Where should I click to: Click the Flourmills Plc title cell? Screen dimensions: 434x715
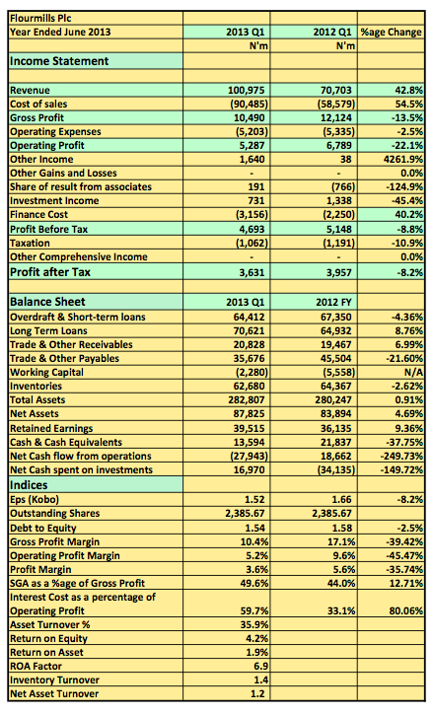40,18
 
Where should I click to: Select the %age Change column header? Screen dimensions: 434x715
392,32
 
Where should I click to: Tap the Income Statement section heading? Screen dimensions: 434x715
59,61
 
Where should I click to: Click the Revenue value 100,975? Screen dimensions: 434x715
247,91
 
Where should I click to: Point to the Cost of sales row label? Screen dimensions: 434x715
38,104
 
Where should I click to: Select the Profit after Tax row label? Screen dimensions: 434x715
50,272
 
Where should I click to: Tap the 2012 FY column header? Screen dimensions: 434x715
333,303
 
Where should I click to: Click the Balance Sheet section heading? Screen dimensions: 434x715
47,302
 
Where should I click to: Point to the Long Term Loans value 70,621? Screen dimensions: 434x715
249,331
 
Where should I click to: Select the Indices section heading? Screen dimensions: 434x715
29,485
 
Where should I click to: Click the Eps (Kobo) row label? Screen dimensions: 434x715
35,499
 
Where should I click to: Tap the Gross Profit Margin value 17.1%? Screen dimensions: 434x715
342,541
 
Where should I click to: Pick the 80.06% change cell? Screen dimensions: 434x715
406,611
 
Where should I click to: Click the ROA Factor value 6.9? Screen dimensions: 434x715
260,667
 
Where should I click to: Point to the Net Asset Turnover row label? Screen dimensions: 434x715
54,694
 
